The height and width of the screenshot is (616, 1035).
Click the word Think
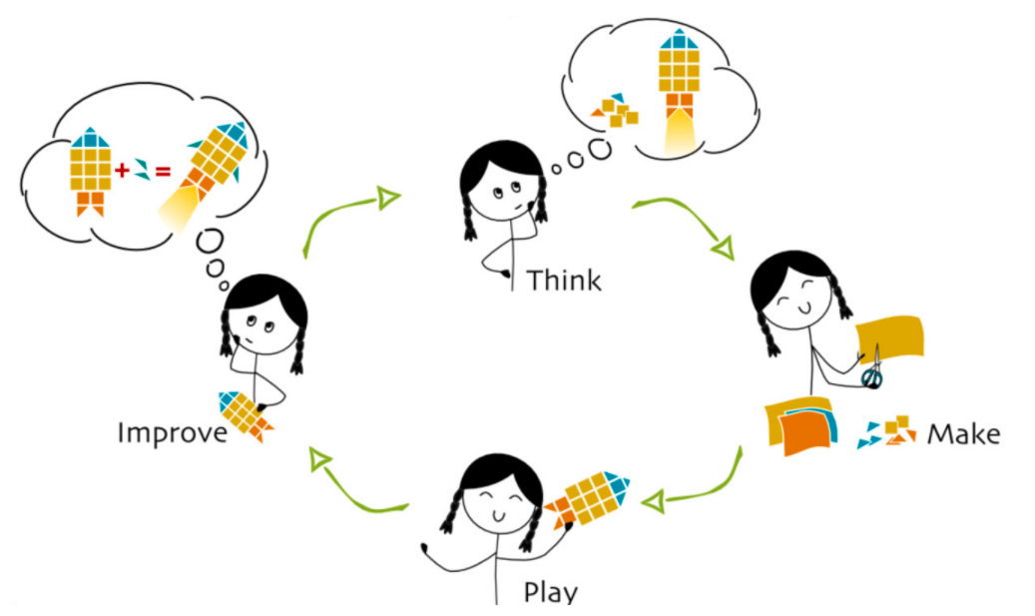click(564, 281)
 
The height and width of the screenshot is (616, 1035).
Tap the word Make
click(964, 433)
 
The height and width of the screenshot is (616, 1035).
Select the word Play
click(551, 592)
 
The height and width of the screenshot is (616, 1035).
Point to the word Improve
click(173, 433)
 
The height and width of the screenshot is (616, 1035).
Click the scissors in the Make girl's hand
click(872, 369)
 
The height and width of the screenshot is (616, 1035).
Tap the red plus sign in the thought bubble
click(122, 171)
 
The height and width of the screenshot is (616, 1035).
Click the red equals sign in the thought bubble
click(163, 172)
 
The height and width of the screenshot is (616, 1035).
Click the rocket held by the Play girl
click(586, 498)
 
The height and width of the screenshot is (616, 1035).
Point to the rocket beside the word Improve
click(245, 414)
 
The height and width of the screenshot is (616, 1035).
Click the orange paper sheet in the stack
click(804, 431)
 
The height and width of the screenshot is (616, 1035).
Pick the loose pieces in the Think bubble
click(615, 110)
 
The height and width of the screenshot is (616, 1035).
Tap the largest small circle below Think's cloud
click(600, 150)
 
